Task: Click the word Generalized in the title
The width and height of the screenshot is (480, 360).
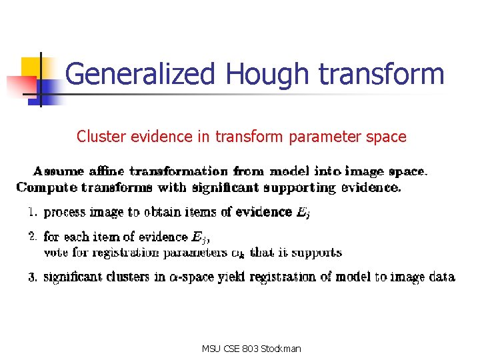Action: pos(141,74)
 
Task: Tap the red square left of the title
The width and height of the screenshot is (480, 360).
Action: pos(18,86)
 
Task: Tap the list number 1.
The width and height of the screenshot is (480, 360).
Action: pos(31,212)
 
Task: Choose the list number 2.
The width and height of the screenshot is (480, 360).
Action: pos(31,236)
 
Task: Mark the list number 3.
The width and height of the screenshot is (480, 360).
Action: pos(31,277)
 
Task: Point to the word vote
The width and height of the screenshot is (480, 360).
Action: pos(55,253)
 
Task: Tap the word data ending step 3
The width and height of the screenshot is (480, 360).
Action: pos(441,277)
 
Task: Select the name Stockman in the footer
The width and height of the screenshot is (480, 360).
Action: pos(282,349)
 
